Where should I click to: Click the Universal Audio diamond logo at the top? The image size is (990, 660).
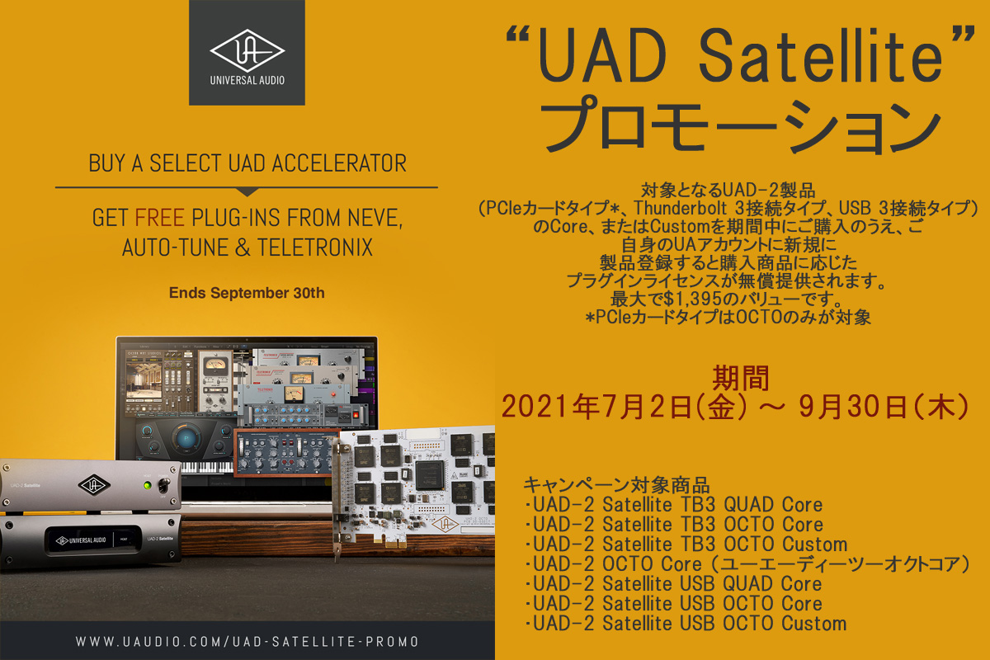[247, 51]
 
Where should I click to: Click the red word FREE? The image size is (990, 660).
[159, 218]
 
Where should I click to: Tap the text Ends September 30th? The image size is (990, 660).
[247, 293]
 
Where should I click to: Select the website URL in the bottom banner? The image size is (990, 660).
[247, 641]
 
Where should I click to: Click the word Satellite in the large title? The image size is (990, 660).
[820, 55]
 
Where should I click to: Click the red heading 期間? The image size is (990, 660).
[740, 378]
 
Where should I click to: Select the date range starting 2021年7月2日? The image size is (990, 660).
[735, 407]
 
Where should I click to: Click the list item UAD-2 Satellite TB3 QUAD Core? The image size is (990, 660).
[674, 504]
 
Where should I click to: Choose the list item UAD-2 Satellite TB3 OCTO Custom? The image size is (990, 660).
[686, 544]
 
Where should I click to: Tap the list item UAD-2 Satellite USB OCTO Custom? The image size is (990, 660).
[686, 624]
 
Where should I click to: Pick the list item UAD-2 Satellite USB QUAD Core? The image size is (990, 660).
[673, 583]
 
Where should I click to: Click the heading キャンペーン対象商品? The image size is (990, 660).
[616, 485]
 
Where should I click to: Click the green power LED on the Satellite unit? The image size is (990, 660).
[147, 485]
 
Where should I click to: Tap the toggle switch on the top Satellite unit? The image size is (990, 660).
[165, 486]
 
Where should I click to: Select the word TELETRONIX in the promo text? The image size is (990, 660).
[315, 247]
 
